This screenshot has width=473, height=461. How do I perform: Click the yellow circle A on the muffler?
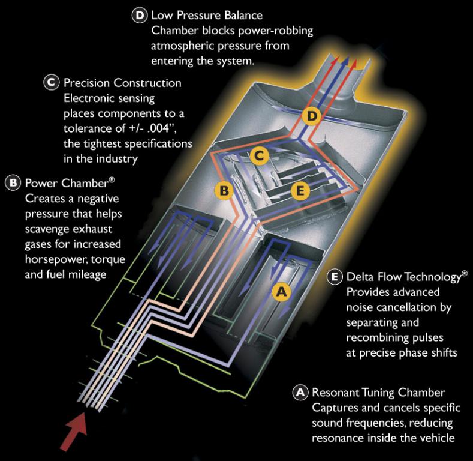click(281, 292)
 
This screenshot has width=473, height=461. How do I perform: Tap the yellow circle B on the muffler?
click(224, 191)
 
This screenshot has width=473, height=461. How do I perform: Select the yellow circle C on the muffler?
click(259, 156)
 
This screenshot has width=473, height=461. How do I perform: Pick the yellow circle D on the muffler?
click(312, 116)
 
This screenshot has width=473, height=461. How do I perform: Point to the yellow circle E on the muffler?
click(300, 191)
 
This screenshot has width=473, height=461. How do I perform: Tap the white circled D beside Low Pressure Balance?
click(140, 15)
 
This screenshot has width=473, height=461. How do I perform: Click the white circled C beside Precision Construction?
click(52, 83)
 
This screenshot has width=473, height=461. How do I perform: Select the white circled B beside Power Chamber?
click(13, 183)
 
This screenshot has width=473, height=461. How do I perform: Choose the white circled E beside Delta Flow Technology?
click(335, 277)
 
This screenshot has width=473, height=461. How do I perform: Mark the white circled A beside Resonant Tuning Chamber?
click(300, 393)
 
